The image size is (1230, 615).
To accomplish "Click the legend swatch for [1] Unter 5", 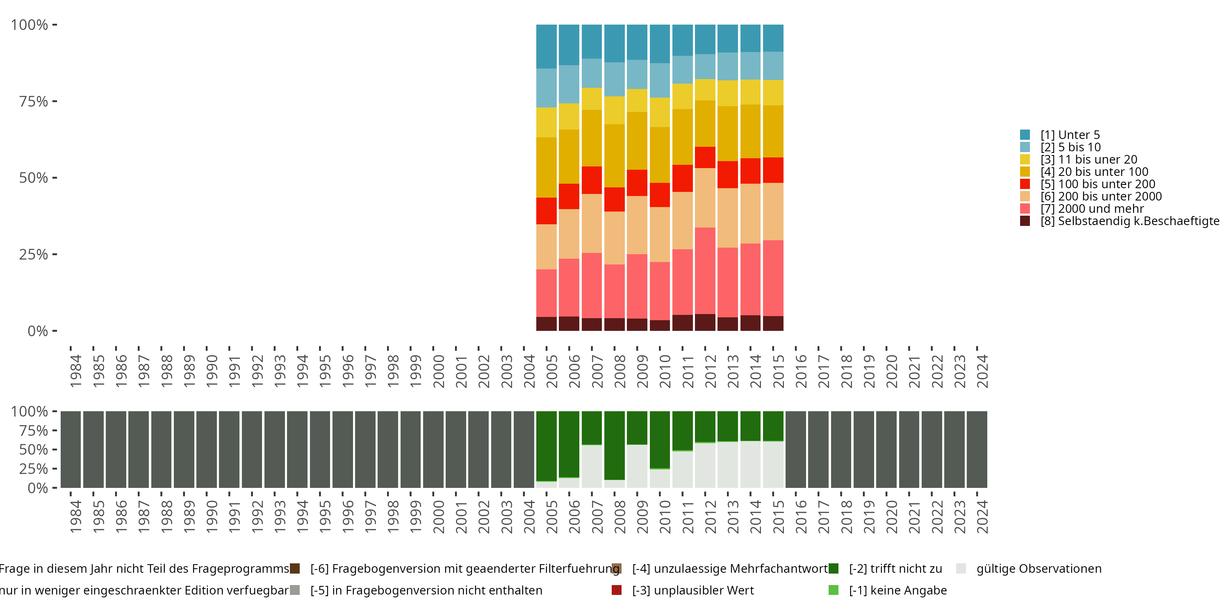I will tap(1025, 134).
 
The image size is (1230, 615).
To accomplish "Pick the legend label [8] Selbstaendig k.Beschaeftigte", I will tap(1130, 221).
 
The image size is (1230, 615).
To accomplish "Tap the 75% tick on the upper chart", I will tap(34, 101).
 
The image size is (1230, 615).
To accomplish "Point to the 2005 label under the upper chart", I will tap(552, 371).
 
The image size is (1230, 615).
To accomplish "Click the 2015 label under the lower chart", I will tap(779, 517).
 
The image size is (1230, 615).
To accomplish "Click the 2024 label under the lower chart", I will tap(983, 517).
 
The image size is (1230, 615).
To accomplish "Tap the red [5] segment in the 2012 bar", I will tap(705, 157).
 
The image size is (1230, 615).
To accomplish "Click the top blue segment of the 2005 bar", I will tap(546, 46).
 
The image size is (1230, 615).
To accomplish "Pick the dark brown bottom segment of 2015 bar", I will tap(773, 323).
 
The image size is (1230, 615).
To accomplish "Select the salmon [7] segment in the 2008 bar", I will tap(615, 291).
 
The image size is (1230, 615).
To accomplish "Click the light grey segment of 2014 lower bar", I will tap(751, 464).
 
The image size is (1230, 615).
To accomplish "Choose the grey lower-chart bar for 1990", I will tap(207, 449).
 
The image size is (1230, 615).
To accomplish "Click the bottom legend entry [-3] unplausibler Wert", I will tap(692, 590).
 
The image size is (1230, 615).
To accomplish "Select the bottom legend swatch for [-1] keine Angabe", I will tap(833, 590).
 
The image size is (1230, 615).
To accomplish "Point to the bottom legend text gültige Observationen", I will tap(1039, 569).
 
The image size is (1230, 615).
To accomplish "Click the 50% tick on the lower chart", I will tap(34, 449).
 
